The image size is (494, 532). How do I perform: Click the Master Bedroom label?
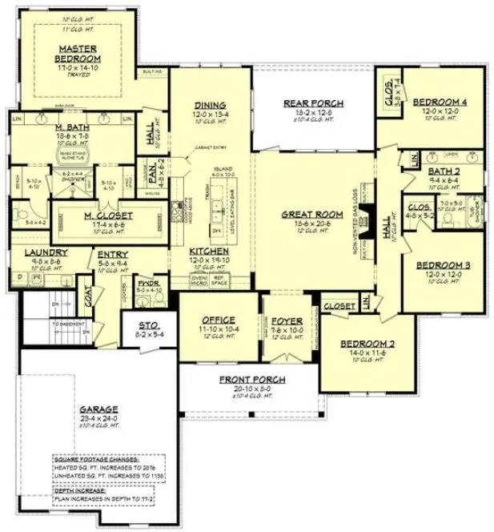point(78,54)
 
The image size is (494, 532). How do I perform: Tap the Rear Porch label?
point(314,103)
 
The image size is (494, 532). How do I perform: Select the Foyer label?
point(286,321)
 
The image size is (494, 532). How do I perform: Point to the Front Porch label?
point(251,380)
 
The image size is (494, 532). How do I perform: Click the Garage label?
point(98,408)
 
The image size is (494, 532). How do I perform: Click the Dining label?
point(210,105)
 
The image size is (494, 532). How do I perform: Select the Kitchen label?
point(209,251)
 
